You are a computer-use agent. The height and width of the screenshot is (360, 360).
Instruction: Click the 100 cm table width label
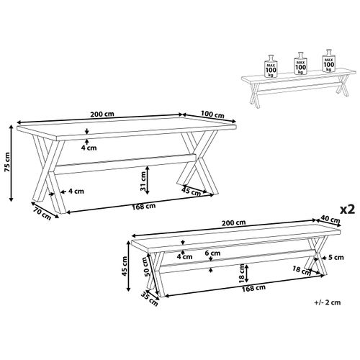pyautogui.click(x=212, y=114)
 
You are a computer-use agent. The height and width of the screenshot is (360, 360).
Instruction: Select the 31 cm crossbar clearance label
pyautogui.click(x=143, y=181)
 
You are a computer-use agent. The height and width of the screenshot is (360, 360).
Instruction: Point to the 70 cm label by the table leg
pyautogui.click(x=42, y=213)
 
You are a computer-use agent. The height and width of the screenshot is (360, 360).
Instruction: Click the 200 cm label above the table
pyautogui.click(x=102, y=114)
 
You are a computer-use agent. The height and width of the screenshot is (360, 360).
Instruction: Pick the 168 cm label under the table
pyautogui.click(x=144, y=206)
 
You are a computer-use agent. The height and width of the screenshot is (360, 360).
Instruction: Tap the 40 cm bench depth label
pyautogui.click(x=330, y=220)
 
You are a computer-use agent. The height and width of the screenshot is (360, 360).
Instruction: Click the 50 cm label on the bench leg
pyautogui.click(x=145, y=269)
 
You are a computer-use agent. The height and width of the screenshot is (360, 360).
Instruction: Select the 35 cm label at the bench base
pyautogui.click(x=149, y=299)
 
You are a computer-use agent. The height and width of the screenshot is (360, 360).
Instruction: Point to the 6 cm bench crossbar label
pyautogui.click(x=212, y=253)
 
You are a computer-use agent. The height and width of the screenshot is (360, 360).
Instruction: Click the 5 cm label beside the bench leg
pyautogui.click(x=336, y=258)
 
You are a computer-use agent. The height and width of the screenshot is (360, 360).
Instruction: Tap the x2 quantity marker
pyautogui.click(x=348, y=210)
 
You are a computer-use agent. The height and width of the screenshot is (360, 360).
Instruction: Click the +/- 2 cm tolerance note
pyautogui.click(x=328, y=302)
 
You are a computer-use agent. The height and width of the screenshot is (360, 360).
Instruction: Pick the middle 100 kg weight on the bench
pyautogui.click(x=300, y=63)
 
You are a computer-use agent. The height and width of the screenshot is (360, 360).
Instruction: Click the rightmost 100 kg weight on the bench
pyautogui.click(x=328, y=60)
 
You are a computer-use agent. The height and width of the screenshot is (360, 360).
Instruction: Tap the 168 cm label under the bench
pyautogui.click(x=253, y=288)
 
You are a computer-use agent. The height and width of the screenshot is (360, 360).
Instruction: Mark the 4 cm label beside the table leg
pyautogui.click(x=76, y=192)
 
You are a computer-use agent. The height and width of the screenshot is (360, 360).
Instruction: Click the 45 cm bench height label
pyautogui.click(x=125, y=266)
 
